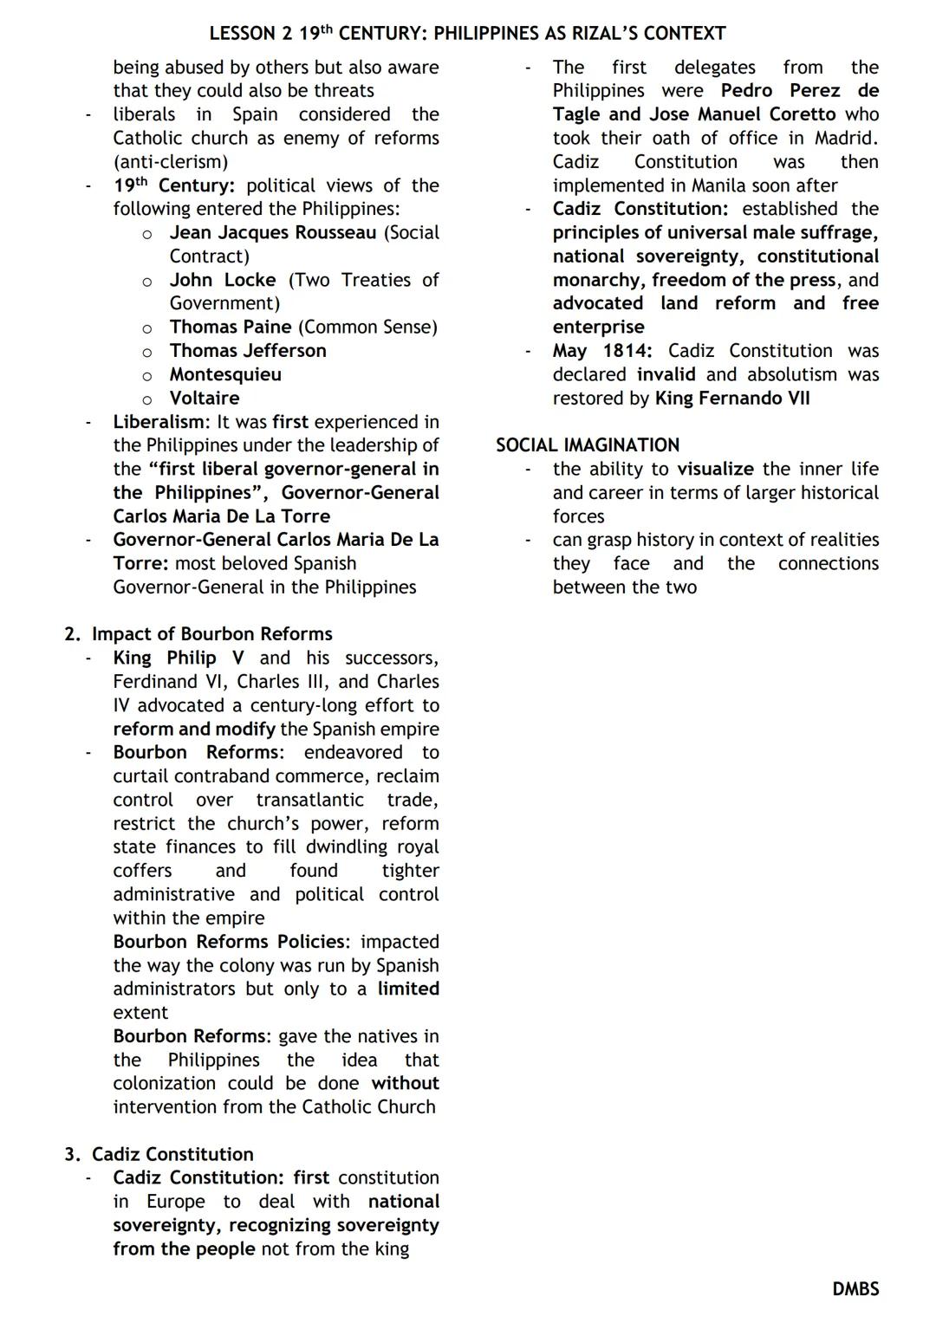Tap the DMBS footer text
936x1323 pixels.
[x=855, y=1289]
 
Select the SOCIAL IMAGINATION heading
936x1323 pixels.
[x=587, y=445]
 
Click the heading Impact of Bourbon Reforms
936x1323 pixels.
[x=211, y=634]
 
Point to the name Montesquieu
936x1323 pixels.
[x=225, y=374]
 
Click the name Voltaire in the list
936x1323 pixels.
[x=205, y=399]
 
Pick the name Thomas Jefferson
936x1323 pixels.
[x=248, y=351]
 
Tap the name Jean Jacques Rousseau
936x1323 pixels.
[x=273, y=233]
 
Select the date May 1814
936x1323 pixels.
[x=603, y=351]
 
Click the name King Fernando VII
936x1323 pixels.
[x=732, y=399]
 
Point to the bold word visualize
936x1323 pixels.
[x=715, y=470]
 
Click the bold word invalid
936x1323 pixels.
[x=666, y=374]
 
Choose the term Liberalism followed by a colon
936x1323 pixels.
[x=161, y=422]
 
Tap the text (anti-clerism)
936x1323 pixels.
[x=171, y=162]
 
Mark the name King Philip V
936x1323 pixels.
[x=179, y=658]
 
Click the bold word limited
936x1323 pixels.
[x=407, y=989]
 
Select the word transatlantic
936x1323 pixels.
[x=309, y=800]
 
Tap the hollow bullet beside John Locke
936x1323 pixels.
[x=147, y=282]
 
